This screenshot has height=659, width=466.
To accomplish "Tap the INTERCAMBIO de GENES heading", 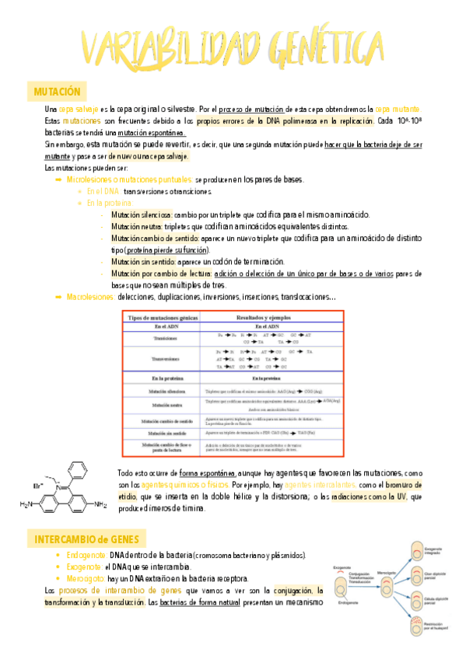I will click(x=86, y=539).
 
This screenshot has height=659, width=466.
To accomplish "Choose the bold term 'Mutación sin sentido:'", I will click(x=142, y=262).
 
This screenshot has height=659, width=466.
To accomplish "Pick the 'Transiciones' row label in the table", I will click(x=162, y=338).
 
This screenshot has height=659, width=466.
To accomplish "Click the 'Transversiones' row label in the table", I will click(x=162, y=359).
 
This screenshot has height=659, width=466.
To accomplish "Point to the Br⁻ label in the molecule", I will click(x=37, y=485).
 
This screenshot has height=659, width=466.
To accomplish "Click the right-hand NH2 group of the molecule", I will click(x=100, y=504).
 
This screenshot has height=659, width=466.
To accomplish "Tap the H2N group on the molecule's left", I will click(x=27, y=504).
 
